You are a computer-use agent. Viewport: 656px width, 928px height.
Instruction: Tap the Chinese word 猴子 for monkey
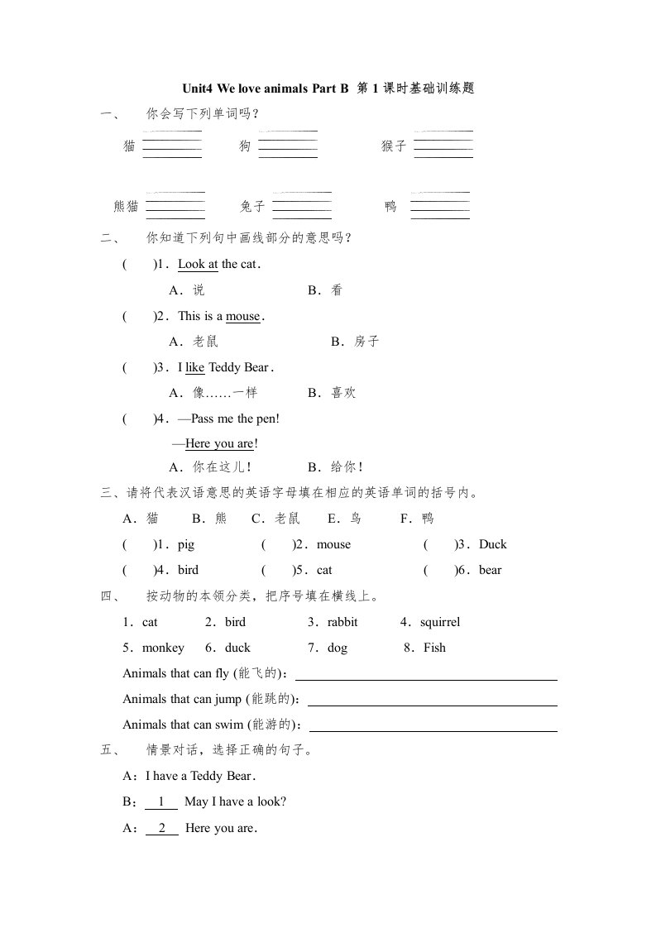coord(394,146)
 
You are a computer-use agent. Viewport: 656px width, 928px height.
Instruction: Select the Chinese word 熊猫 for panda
coord(127,207)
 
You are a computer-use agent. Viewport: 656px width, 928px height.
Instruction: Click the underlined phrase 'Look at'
coord(198,265)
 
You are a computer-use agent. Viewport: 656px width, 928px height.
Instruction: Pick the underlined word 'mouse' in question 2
coord(242,316)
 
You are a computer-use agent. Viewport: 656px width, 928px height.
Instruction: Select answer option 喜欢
coord(343,393)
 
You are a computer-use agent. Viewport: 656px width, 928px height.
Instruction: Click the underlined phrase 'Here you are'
coord(219,444)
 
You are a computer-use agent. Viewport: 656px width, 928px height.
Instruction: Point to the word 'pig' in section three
coord(186,544)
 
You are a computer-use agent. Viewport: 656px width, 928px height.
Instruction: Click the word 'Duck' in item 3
coord(492,544)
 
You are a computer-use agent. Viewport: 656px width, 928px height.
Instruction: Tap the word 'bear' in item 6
coord(491,570)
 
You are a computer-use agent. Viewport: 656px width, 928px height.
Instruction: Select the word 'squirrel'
coord(440,622)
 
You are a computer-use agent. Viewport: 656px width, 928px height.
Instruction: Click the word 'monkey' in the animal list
coord(163,648)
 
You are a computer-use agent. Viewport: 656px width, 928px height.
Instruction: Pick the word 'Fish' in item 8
coord(434,648)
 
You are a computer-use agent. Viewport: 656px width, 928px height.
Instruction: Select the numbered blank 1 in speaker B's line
coord(161,801)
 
